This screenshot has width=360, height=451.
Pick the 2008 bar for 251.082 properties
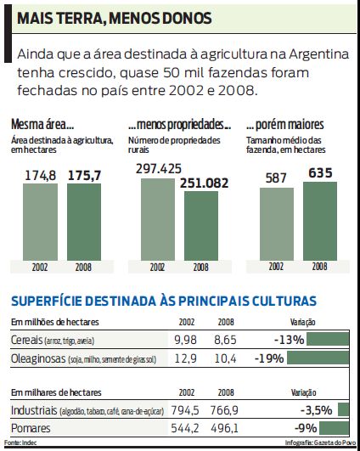click(200, 226)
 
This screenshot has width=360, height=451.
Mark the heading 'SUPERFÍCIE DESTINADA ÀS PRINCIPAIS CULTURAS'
click(164, 300)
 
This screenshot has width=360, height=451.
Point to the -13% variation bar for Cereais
click(329, 340)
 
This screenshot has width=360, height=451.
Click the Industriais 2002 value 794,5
click(184, 410)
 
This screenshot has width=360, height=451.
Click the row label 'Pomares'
click(31, 429)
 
